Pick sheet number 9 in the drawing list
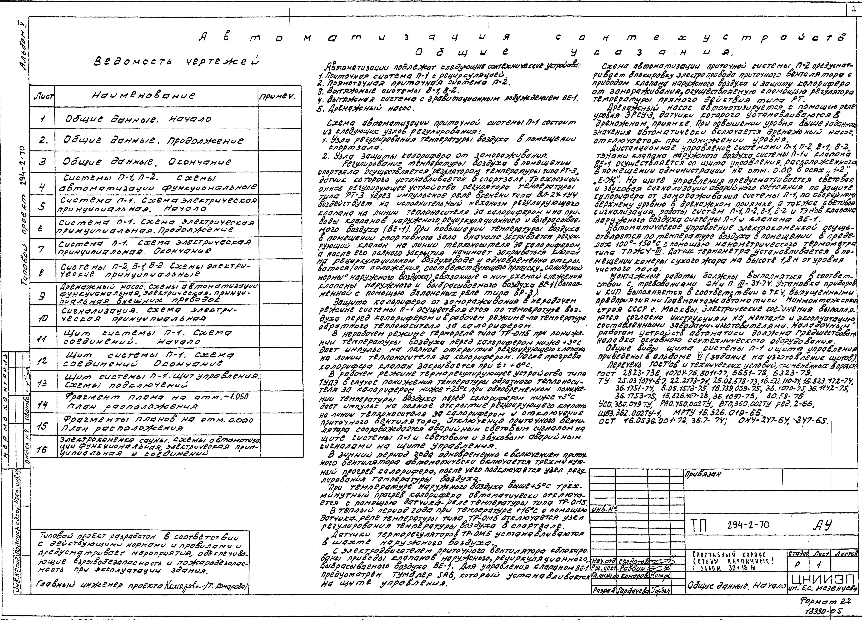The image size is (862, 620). tap(42, 295)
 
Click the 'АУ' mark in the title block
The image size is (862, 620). tap(822, 526)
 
